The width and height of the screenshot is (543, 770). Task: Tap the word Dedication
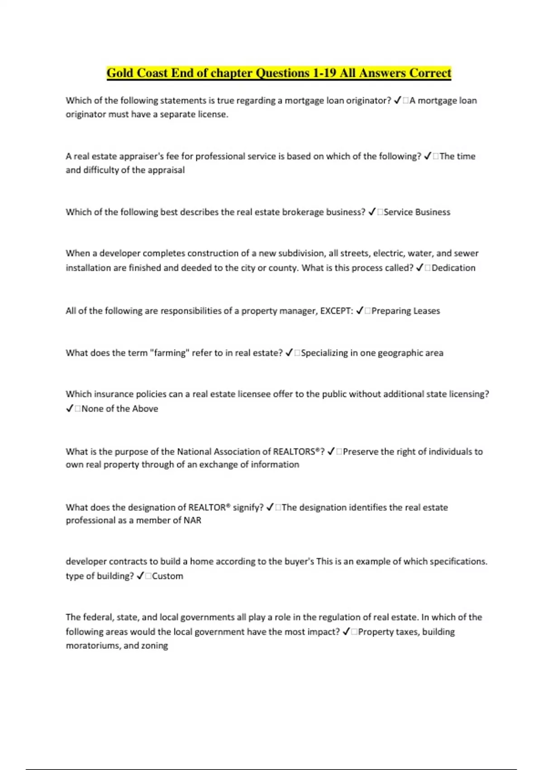[453, 268]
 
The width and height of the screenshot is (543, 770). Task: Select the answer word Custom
[167, 576]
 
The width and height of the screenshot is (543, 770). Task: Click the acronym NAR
[192, 520]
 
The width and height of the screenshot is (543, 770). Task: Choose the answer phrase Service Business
[417, 212]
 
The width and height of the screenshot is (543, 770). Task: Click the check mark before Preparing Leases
[360, 311]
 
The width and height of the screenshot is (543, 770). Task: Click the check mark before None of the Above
[70, 409]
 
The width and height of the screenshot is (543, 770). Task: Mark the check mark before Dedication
[419, 268]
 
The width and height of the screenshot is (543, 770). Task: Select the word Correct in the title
[430, 73]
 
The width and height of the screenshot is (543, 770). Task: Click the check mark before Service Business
[372, 212]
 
